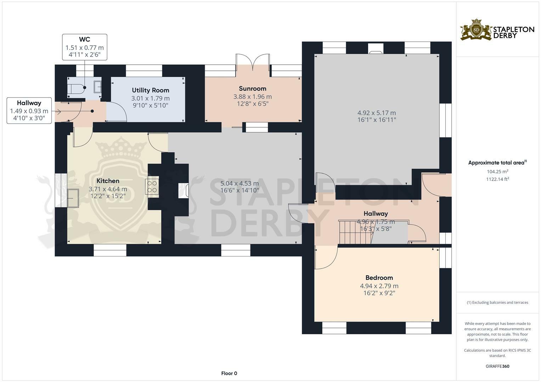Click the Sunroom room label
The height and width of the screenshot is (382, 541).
[252, 89]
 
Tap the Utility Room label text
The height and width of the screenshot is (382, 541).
[151, 90]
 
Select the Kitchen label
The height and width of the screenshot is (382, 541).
[108, 181]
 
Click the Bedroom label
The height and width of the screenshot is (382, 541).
[379, 278]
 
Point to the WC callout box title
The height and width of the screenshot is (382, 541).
[85, 40]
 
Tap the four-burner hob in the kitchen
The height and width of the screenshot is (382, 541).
[152, 187]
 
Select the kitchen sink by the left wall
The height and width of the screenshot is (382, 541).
[73, 198]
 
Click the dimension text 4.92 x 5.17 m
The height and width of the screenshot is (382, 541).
[377, 113]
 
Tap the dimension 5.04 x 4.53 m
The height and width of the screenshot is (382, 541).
[239, 184]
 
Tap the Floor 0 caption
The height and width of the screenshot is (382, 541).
[229, 373]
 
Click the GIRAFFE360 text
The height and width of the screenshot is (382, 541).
[497, 366]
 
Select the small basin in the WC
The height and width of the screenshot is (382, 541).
[97, 87]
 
